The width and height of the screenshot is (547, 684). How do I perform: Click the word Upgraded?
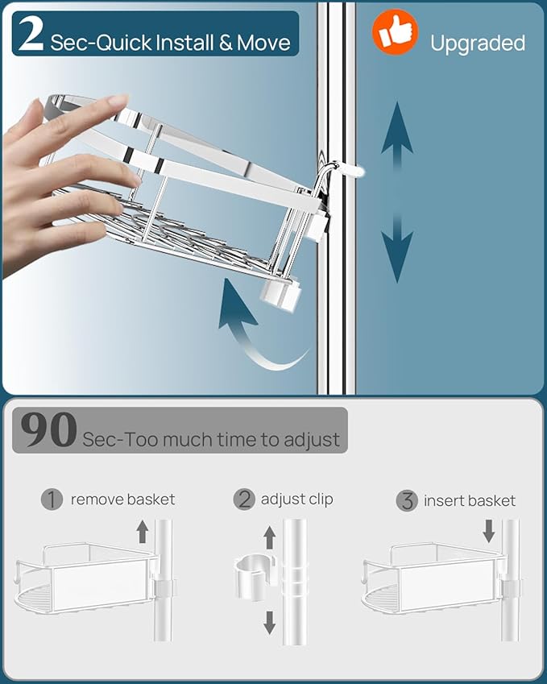click(477, 44)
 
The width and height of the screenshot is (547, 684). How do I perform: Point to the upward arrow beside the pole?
click(396, 137)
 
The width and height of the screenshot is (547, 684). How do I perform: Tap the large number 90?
click(49, 431)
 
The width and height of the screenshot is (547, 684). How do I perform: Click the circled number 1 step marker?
click(52, 500)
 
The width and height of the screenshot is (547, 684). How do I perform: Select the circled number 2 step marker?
click(244, 500)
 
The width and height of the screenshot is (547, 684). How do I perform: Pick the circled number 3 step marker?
click(408, 501)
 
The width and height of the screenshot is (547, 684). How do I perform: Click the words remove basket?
click(122, 500)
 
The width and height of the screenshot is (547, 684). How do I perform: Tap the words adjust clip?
click(296, 500)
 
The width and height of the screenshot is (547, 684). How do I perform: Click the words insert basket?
click(470, 501)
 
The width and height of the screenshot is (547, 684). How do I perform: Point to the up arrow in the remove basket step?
click(143, 532)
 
